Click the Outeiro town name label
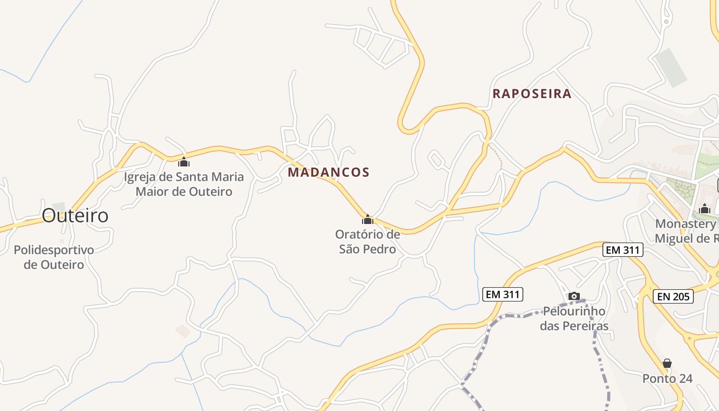pyautogui.click(x=75, y=216)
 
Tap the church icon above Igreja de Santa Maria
pyautogui.click(x=184, y=162)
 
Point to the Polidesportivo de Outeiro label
pyautogui.click(x=54, y=257)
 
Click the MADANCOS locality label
pyautogui.click(x=329, y=173)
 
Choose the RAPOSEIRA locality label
pyautogui.click(x=532, y=94)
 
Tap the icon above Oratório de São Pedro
pyautogui.click(x=368, y=220)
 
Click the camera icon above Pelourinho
pyautogui.click(x=574, y=296)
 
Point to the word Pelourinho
pyautogui.click(x=574, y=311)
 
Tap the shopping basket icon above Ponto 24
pyautogui.click(x=667, y=364)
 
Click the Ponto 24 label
pyautogui.click(x=667, y=379)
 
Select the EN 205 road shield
pyautogui.click(x=673, y=296)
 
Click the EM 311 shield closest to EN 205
pyautogui.click(x=622, y=250)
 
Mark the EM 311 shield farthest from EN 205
pyautogui.click(x=503, y=294)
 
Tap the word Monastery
pyautogui.click(x=685, y=224)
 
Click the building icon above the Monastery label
pyautogui.click(x=705, y=209)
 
